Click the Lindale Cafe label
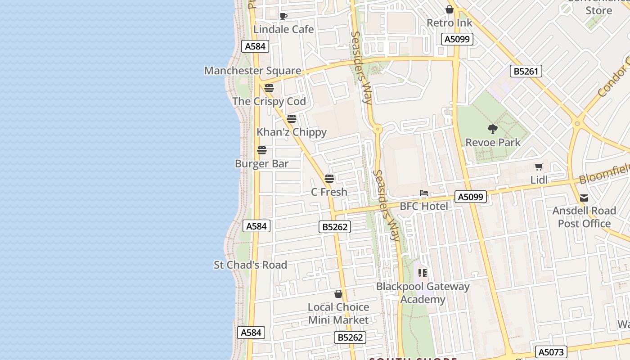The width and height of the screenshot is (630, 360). point(283,29)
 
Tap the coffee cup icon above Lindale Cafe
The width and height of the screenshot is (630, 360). point(283,17)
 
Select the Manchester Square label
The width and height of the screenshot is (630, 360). point(252,71)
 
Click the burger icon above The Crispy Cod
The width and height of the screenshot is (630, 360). point(269,88)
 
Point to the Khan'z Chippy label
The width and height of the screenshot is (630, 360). point(292,132)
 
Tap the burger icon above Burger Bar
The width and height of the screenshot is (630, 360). point(262,150)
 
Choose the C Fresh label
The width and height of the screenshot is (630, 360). point(329,192)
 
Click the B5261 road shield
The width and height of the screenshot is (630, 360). point(526,71)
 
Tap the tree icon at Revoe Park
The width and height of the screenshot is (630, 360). point(493,129)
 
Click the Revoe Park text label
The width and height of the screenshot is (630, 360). point(493,143)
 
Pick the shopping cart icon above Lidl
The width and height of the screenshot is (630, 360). point(539,166)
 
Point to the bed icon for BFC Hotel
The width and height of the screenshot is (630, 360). point(424,193)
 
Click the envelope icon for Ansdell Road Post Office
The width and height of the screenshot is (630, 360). point(584,198)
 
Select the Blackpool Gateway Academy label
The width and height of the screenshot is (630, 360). point(423,293)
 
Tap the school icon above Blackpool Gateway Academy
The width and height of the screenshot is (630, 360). point(423,273)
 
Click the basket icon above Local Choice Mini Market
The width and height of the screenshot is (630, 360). point(338,294)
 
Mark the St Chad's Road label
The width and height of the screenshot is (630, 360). point(250,265)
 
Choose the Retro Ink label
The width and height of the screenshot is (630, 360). point(450,23)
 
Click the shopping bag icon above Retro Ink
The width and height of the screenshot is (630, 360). point(450,9)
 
